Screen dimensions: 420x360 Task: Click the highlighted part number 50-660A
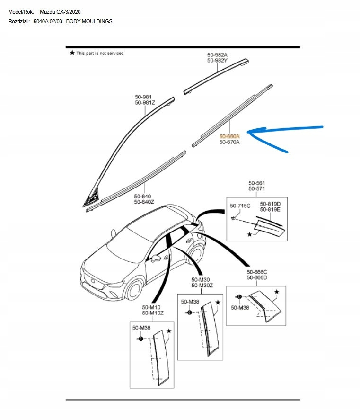pyautogui.click(x=229, y=136)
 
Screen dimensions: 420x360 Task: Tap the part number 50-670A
pyautogui.click(x=229, y=142)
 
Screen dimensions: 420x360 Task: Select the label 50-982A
pyautogui.click(x=217, y=55)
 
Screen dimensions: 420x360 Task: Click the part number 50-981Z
pyautogui.click(x=145, y=103)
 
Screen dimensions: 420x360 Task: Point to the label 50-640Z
pyautogui.click(x=144, y=202)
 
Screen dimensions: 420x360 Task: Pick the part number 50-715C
pyautogui.click(x=240, y=206)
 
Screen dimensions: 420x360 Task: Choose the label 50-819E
pyautogui.click(x=270, y=209)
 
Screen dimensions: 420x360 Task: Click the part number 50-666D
pyautogui.click(x=257, y=278)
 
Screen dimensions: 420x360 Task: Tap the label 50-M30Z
pyautogui.click(x=202, y=286)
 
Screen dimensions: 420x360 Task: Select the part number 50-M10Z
pyautogui.click(x=153, y=313)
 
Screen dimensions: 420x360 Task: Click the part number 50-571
pyautogui.click(x=257, y=188)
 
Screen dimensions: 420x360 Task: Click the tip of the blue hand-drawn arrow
pyautogui.click(x=249, y=131)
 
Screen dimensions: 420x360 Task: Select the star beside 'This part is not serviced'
pyautogui.click(x=72, y=53)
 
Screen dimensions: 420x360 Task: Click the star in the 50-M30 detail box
pyautogui.click(x=218, y=302)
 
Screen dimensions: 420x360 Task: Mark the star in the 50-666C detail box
pyautogui.click(x=277, y=292)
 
